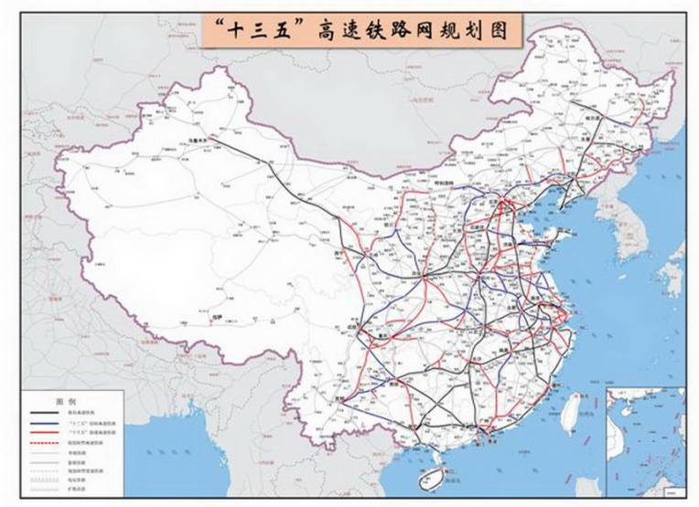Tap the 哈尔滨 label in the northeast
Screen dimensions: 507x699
coord(595,119)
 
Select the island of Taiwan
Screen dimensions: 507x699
coord(574,410)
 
